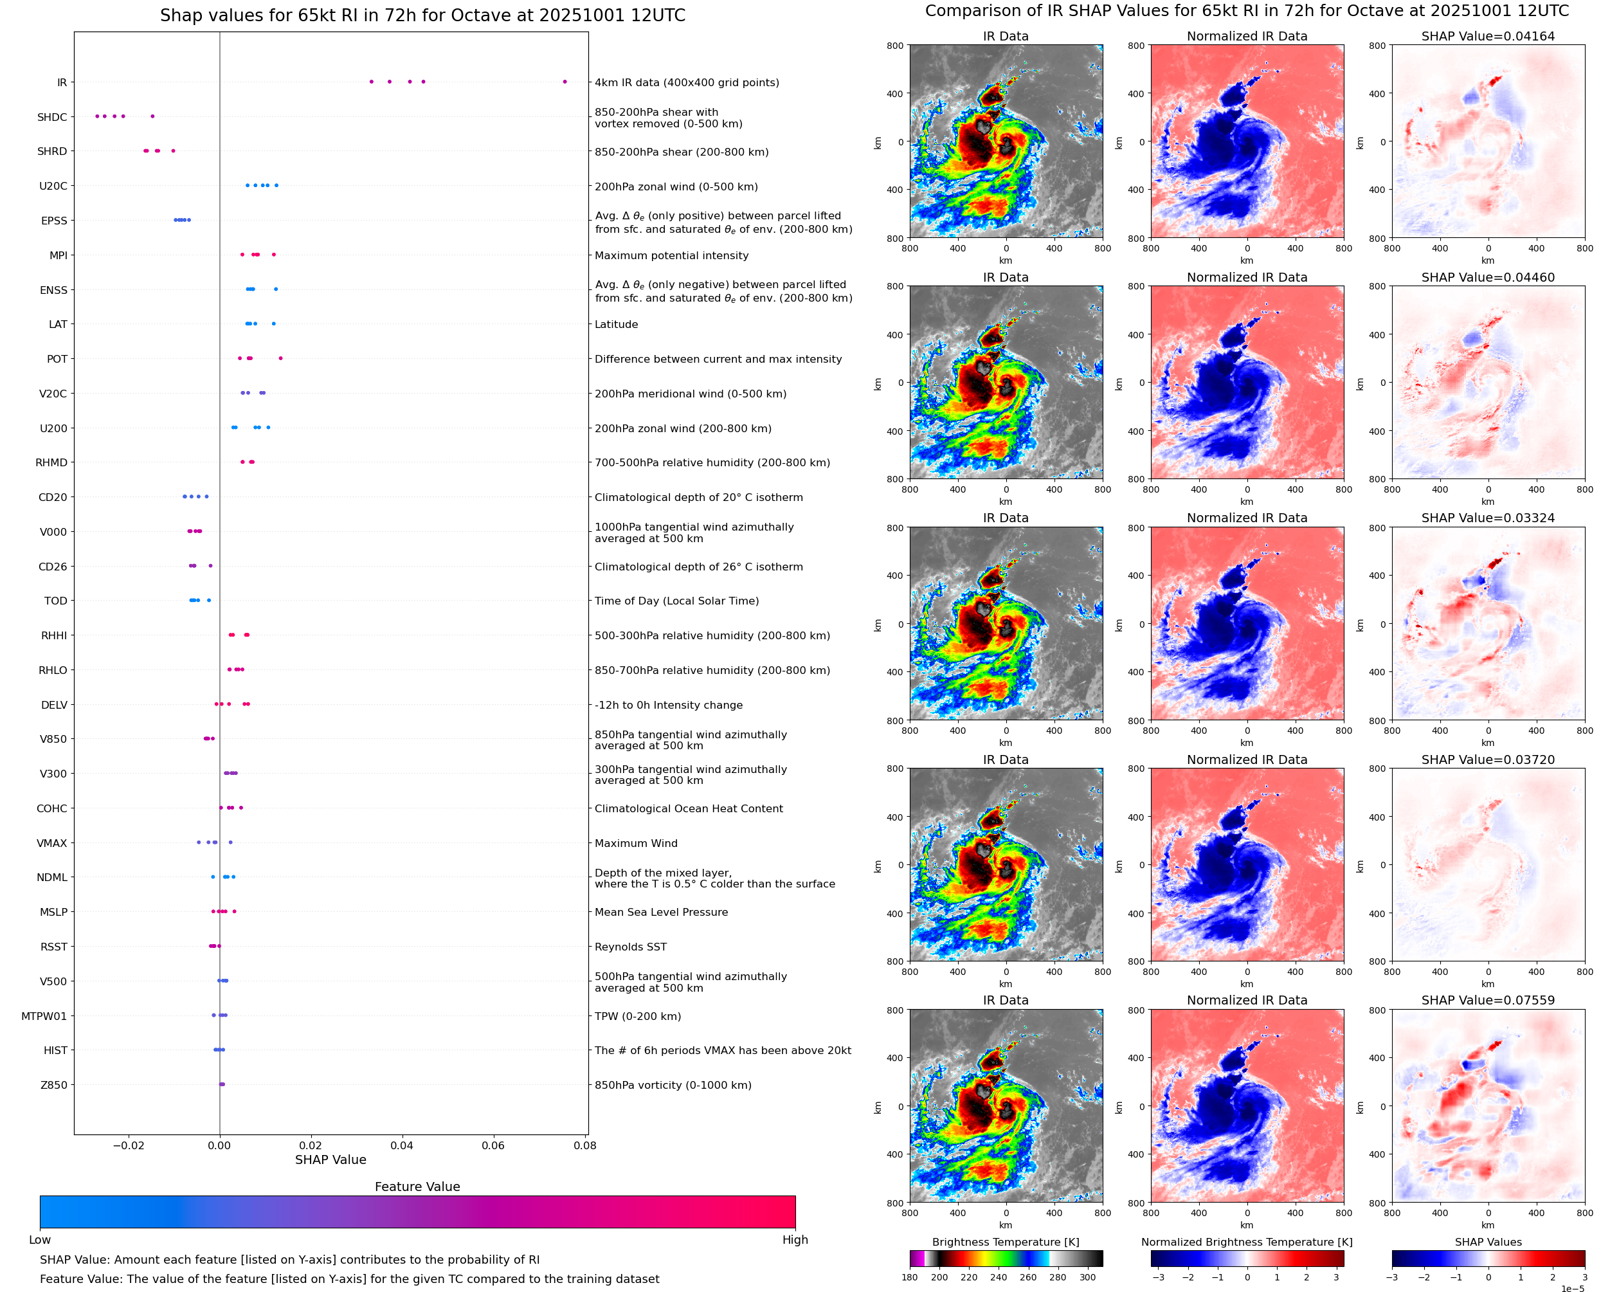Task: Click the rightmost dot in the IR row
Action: coord(565,82)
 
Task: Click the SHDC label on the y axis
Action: coord(52,117)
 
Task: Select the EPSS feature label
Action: coord(53,221)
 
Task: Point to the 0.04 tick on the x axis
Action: coord(402,1145)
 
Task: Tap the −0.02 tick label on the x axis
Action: coord(128,1145)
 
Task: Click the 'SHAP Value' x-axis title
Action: coord(330,1160)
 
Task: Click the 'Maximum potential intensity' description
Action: coord(671,255)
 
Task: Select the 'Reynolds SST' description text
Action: coord(630,947)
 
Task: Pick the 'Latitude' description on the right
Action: coord(616,325)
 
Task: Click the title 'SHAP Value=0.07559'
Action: coord(1488,1000)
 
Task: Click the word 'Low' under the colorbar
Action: coord(39,1240)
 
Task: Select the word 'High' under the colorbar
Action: coord(795,1240)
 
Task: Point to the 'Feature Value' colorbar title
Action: coord(417,1187)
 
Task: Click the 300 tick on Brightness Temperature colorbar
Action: coord(1088,1277)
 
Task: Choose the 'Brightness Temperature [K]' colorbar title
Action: coord(1005,1242)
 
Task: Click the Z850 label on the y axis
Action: coord(53,1085)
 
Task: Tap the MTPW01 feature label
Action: coord(44,1016)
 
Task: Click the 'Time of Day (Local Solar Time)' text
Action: coord(676,601)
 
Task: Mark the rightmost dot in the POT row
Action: coord(280,358)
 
